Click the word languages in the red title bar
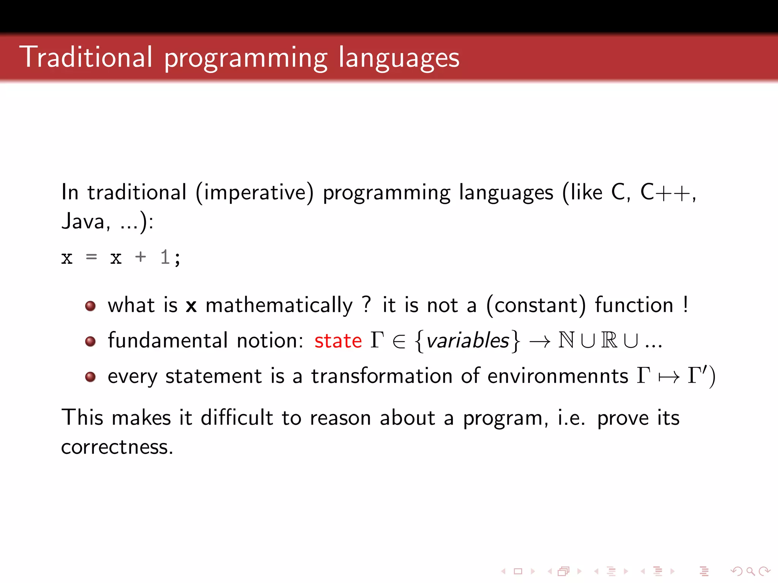click(398, 58)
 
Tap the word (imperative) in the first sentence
click(255, 192)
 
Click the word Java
click(83, 221)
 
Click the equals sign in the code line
click(92, 258)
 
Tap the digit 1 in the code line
click(164, 258)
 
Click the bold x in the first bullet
click(191, 306)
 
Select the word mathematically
click(279, 306)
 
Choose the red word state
click(338, 340)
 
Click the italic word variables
click(467, 340)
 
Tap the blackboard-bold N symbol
click(566, 340)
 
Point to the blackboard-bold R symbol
click(609, 340)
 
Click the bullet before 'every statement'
click(90, 377)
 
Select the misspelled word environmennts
click(557, 376)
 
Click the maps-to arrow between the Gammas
click(669, 377)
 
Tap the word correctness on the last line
click(117, 447)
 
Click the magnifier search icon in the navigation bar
click(750, 571)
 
